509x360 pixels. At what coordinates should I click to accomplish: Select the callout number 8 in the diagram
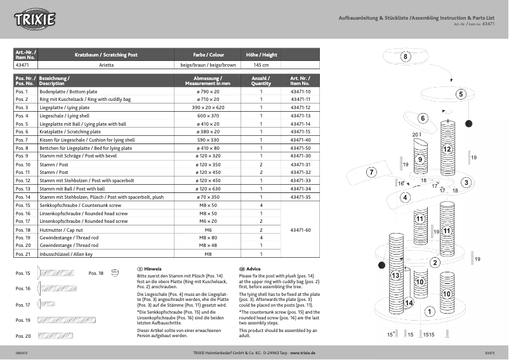(x=406, y=57)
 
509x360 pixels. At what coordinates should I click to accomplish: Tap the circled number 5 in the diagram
(x=461, y=94)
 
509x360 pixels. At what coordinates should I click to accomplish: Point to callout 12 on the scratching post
(x=447, y=149)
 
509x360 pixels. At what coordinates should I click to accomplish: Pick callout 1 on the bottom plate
(x=429, y=311)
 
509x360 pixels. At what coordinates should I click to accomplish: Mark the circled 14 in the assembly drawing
(x=409, y=303)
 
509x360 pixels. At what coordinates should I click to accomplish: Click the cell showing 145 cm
(x=261, y=65)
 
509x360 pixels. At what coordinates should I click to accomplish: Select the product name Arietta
(x=106, y=65)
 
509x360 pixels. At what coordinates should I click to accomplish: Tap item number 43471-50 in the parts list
(x=300, y=147)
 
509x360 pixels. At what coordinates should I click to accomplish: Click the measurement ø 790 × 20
(x=208, y=92)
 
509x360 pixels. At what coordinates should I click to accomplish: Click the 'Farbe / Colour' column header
(x=208, y=55)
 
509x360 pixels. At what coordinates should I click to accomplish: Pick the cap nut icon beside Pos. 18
(x=115, y=273)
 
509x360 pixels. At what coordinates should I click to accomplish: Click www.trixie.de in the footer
(x=303, y=352)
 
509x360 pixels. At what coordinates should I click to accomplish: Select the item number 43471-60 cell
(x=300, y=230)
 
